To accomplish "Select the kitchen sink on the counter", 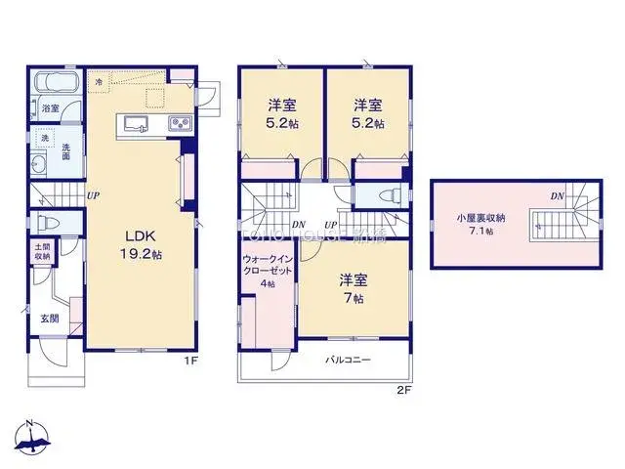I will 135,122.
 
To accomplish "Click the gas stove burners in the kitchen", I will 180,123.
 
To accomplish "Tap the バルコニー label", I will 348,360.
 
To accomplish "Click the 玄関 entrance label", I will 50,319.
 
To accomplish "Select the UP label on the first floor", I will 93,195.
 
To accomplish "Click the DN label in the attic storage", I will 557,196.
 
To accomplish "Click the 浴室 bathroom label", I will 50,108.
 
